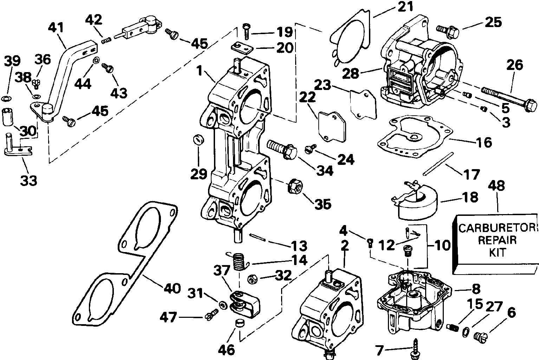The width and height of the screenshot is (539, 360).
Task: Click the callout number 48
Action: pyautogui.click(x=498, y=186)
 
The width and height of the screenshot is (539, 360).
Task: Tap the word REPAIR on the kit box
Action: pyautogui.click(x=499, y=240)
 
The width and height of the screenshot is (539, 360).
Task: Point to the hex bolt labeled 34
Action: pyautogui.click(x=283, y=149)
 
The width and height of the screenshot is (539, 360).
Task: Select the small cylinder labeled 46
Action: pyautogui.click(x=239, y=323)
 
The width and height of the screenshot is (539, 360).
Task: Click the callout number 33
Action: pyautogui.click(x=28, y=180)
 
